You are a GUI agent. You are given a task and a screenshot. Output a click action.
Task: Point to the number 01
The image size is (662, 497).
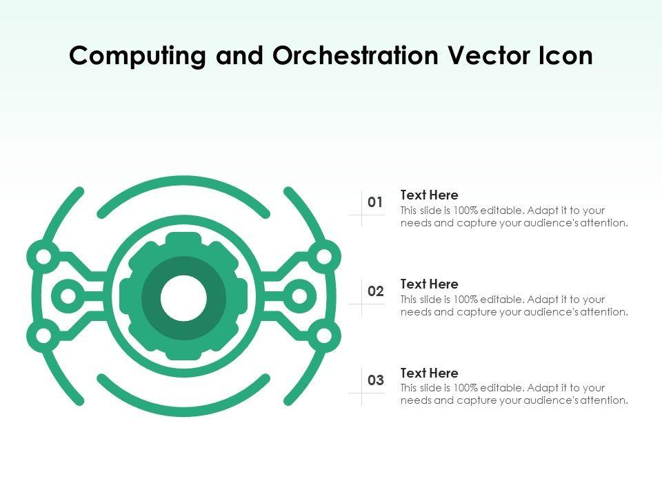click(375, 202)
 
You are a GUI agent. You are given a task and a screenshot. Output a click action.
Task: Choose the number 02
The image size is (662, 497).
click(375, 291)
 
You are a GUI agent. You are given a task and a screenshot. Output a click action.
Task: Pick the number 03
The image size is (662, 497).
click(375, 380)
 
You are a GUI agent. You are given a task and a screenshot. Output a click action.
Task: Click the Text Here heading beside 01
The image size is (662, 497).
click(429, 195)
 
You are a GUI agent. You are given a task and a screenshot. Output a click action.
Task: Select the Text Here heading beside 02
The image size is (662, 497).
click(429, 284)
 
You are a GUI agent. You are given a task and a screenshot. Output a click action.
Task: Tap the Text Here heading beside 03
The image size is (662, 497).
click(429, 373)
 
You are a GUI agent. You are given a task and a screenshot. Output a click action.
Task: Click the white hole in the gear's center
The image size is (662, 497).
click(183, 298)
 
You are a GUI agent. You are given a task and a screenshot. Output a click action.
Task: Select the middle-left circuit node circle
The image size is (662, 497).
click(68, 297)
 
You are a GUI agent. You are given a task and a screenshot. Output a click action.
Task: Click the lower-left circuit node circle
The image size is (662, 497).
click(43, 337)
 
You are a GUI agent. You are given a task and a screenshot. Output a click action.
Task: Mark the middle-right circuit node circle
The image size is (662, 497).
click(299, 297)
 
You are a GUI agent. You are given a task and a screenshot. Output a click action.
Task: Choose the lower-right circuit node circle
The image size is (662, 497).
click(323, 337)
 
